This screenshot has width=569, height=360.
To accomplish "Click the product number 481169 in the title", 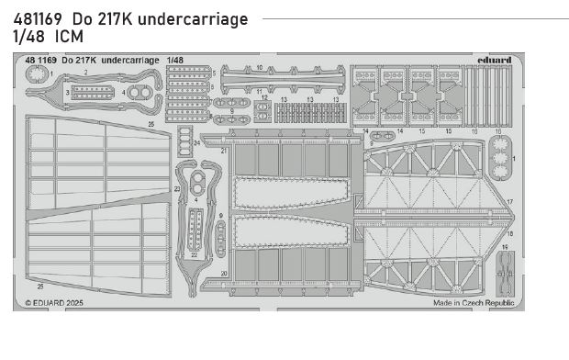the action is click(x=33, y=19).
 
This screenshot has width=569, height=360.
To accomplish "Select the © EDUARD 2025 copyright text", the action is click(x=57, y=301).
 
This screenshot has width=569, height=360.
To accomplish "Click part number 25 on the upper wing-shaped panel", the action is click(x=151, y=123).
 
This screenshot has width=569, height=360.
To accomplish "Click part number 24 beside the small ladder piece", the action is click(x=196, y=143).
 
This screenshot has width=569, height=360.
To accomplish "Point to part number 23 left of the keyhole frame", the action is click(x=177, y=187).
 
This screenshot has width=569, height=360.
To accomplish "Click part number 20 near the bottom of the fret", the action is click(x=223, y=275).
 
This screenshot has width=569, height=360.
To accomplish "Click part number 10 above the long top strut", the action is click(x=260, y=68).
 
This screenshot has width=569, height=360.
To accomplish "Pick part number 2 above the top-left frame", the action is click(x=84, y=71).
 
